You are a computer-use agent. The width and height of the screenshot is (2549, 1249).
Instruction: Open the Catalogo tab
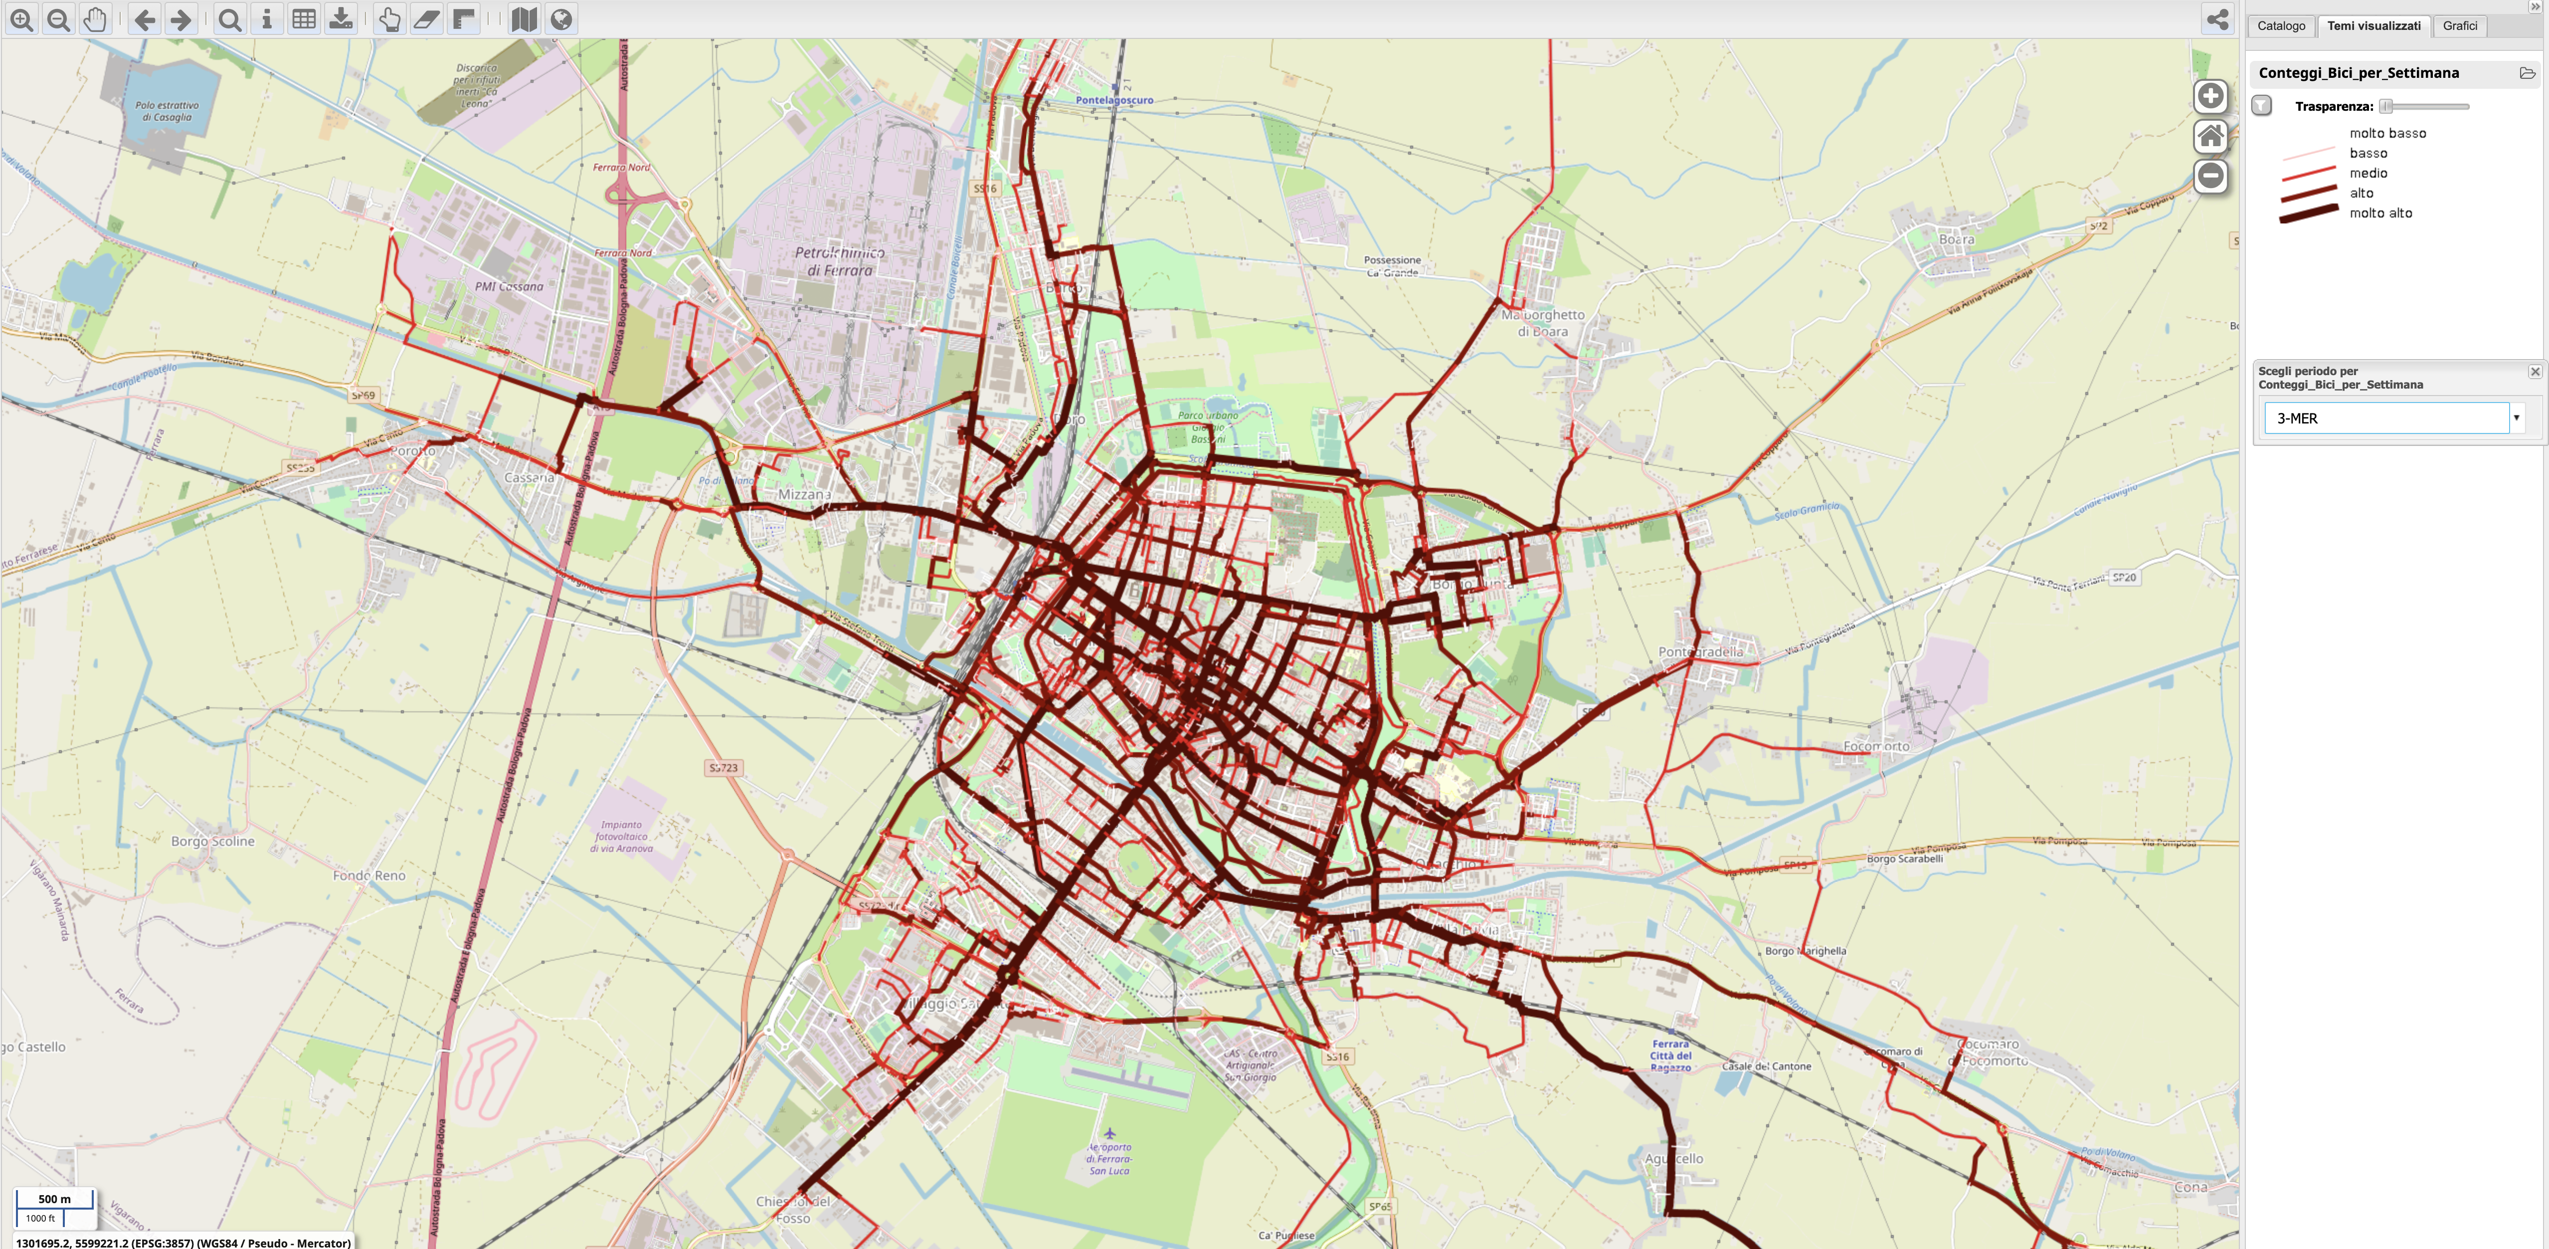tap(2281, 26)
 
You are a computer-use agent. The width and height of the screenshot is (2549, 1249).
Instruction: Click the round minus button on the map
tap(2210, 176)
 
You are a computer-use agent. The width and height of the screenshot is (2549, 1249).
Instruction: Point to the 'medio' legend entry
tap(2368, 173)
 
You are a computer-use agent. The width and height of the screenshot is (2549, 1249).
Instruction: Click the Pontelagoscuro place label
tap(1114, 100)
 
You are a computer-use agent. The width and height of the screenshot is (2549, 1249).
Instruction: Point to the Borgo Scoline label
tap(213, 841)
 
